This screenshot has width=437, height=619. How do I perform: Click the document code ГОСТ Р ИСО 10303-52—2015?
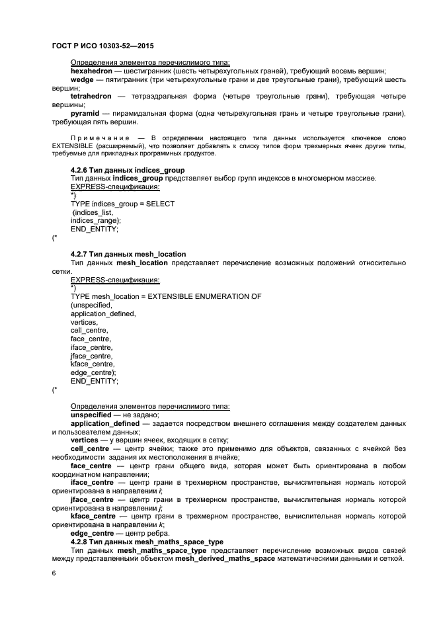98,48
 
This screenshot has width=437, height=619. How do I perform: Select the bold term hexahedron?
93,71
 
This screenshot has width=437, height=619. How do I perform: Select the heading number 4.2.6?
78,170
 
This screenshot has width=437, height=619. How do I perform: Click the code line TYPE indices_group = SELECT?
122,204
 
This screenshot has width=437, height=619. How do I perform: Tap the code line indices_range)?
96,220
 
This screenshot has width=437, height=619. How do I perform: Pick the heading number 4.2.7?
78,254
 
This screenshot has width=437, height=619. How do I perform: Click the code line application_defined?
103,313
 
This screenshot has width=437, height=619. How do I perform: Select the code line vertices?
84,322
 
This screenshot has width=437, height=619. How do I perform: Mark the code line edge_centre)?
93,373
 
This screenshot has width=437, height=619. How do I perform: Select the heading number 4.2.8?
78,542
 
